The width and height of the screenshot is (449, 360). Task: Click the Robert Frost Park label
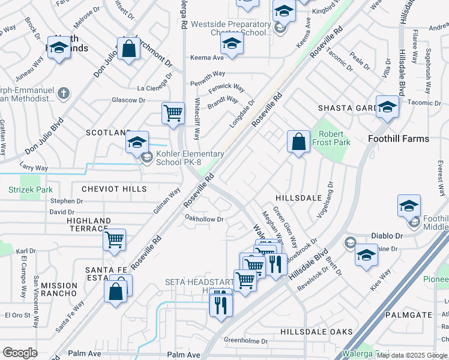[333, 139]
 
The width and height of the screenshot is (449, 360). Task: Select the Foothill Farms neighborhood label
[398, 139]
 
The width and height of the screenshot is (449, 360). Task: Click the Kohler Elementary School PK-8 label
[190, 158]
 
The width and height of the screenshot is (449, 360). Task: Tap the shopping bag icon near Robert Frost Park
[298, 142]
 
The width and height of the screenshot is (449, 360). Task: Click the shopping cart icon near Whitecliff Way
[173, 112]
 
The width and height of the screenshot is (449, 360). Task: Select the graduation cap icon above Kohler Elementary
[137, 142]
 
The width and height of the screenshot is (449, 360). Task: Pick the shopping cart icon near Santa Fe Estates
[114, 240]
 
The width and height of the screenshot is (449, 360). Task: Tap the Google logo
[20, 353]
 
